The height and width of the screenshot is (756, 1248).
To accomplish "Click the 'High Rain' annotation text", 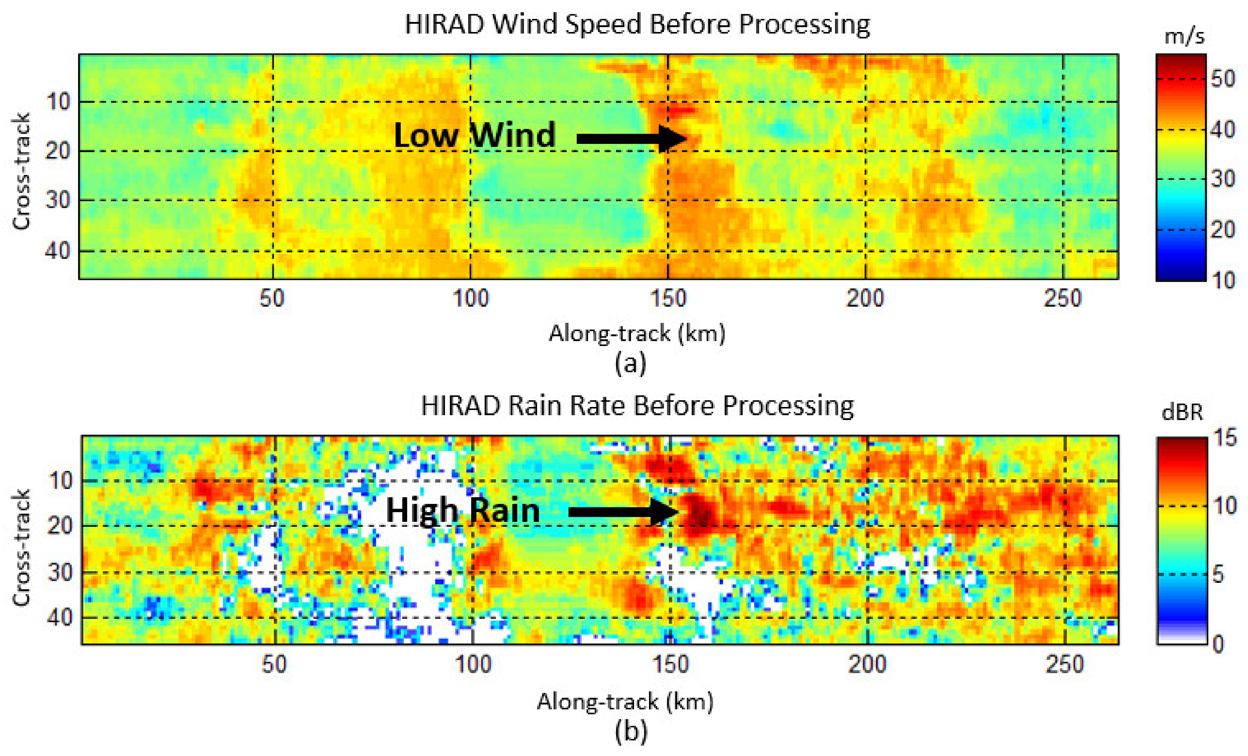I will coord(462,510).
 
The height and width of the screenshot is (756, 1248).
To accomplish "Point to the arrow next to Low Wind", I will coord(631,138).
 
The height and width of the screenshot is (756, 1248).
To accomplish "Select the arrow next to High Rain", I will coord(623,512).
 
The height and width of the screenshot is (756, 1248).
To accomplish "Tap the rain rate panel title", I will coord(637,406).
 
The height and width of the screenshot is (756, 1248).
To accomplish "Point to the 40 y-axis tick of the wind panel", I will coord(58,251).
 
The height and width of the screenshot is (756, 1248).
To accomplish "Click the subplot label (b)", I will coord(631,732).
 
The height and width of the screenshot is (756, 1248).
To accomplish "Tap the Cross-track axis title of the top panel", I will coord(21,171).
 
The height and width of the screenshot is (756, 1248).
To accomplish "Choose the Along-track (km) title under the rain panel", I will coord(625,702).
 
